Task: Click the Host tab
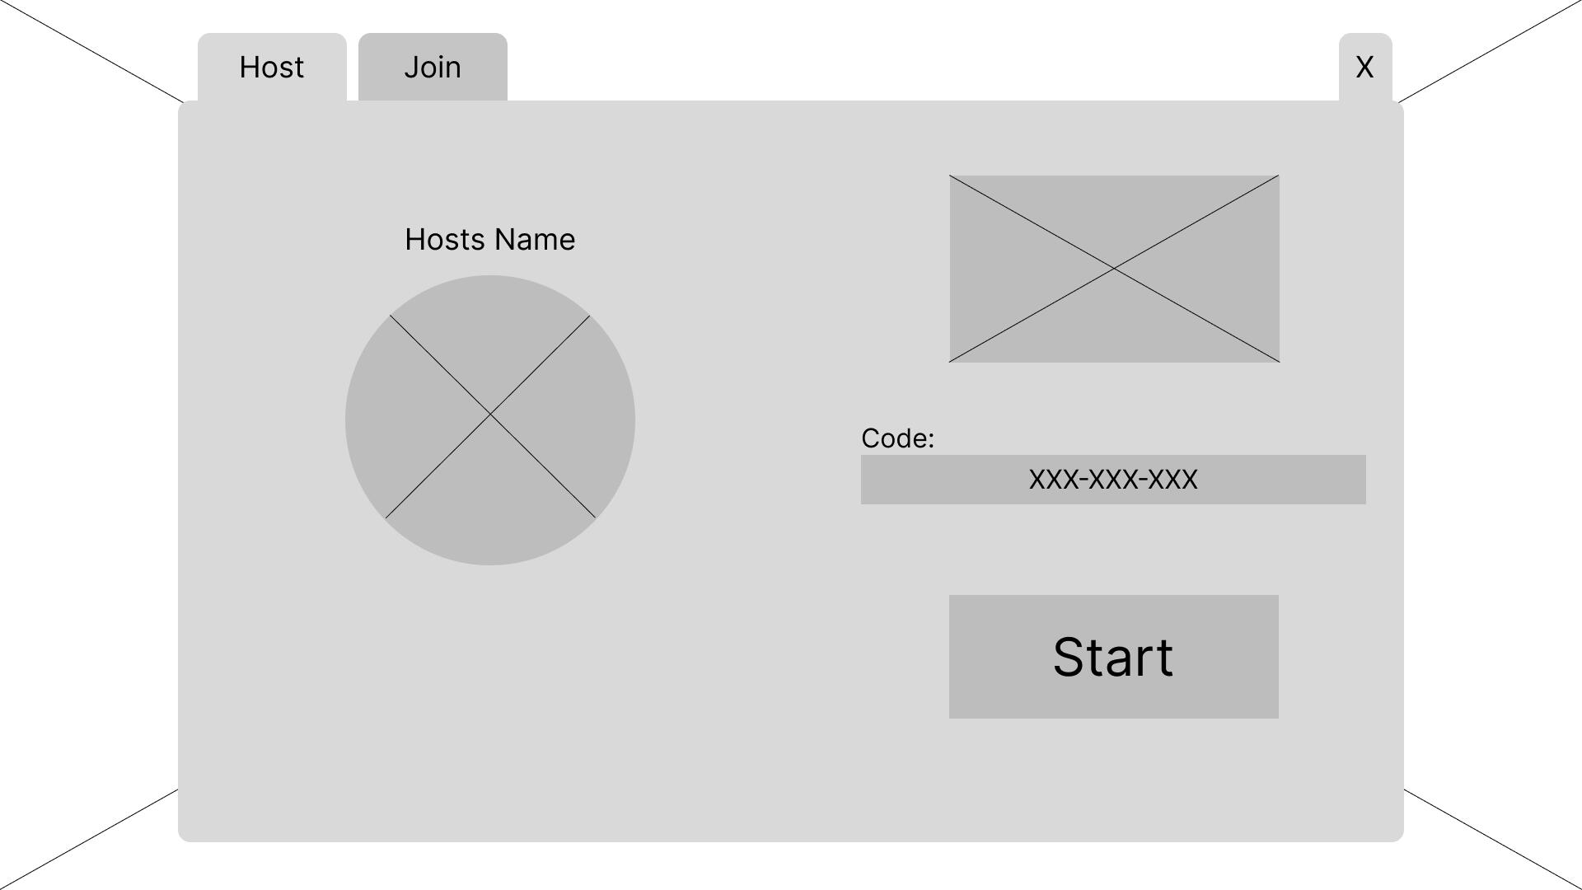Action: [x=272, y=68]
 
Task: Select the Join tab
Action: [x=433, y=68]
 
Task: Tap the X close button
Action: [x=1364, y=68]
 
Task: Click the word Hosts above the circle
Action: [x=446, y=240]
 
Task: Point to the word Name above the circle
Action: [x=536, y=240]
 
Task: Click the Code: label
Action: [x=897, y=438]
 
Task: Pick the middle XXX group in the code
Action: [x=1113, y=480]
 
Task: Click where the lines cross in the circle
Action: [x=490, y=415]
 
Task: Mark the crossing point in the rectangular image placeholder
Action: [x=1114, y=269]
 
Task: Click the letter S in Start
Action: [x=1070, y=658]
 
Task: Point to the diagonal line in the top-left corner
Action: [x=91, y=51]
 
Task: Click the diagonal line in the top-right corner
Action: [x=1491, y=51]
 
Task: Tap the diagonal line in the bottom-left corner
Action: [x=89, y=839]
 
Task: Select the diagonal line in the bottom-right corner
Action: [x=1493, y=839]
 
